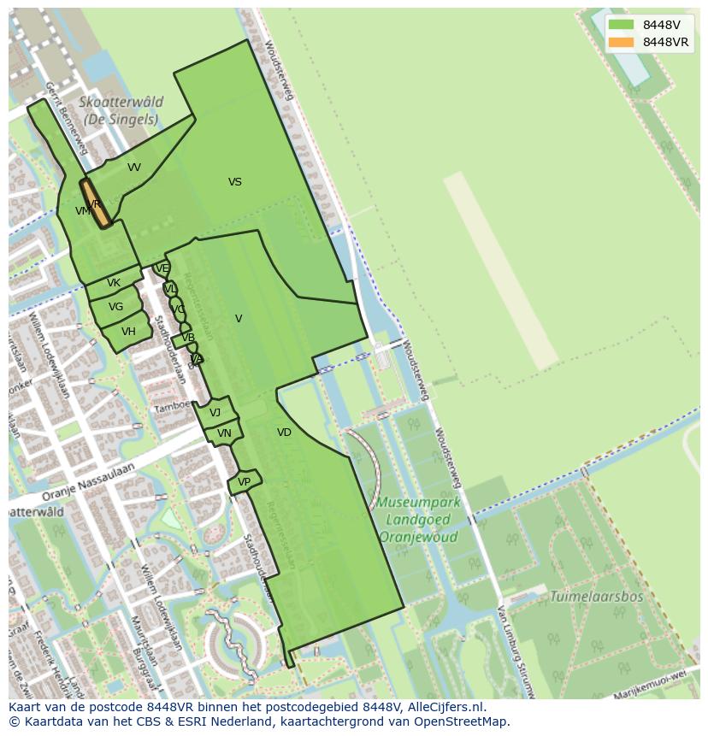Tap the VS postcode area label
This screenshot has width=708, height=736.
pyautogui.click(x=235, y=182)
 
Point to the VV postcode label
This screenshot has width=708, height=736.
pyautogui.click(x=134, y=168)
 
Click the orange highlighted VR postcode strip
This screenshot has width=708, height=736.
pyautogui.click(x=96, y=203)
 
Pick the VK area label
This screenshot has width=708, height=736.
pyautogui.click(x=114, y=283)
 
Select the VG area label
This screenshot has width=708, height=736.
pyautogui.click(x=115, y=307)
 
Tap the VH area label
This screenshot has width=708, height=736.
pyautogui.click(x=128, y=332)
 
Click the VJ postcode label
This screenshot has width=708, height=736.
pyautogui.click(x=215, y=413)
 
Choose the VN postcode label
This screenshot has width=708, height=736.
pyautogui.click(x=224, y=433)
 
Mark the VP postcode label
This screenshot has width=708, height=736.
pyautogui.click(x=244, y=482)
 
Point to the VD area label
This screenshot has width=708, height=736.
pyautogui.click(x=284, y=433)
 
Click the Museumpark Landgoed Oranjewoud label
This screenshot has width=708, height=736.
pyautogui.click(x=419, y=520)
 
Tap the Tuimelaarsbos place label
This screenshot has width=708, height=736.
pyautogui.click(x=596, y=597)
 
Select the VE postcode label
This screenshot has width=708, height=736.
pyautogui.click(x=162, y=268)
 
